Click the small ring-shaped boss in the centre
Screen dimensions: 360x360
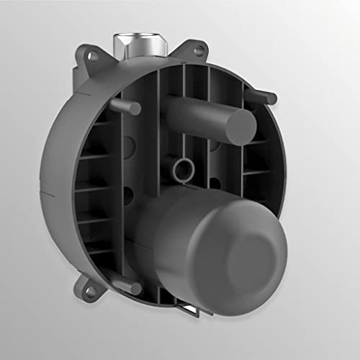pos(181,171)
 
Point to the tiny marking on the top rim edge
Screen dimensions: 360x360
pos(184,63)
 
